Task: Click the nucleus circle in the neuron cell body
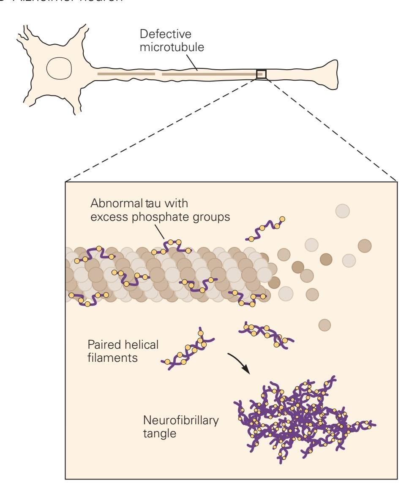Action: tap(59, 68)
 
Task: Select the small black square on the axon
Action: tap(261, 74)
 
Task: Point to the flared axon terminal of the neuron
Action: tap(327, 75)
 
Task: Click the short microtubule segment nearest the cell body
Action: tap(126, 74)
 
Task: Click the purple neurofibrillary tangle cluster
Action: tap(304, 418)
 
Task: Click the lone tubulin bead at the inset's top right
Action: tap(342, 211)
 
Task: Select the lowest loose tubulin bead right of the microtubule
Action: tap(324, 325)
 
